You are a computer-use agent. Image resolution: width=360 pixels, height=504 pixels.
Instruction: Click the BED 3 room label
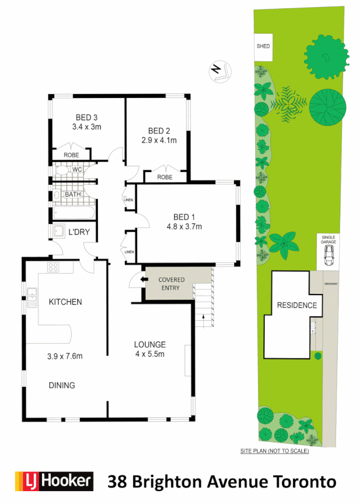87,118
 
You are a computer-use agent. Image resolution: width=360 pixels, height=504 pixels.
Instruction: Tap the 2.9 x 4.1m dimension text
159,141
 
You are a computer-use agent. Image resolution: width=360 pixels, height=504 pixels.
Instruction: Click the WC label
77,169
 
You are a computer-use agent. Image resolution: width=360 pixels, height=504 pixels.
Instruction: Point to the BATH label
73,194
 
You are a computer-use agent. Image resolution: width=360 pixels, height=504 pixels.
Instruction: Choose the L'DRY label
79,232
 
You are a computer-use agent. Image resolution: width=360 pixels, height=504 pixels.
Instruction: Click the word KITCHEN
66,302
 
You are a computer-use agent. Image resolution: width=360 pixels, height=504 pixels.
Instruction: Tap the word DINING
62,385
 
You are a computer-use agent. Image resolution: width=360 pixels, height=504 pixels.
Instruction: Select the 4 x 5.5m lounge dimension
149,354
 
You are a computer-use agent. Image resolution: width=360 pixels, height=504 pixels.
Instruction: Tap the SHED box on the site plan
263,48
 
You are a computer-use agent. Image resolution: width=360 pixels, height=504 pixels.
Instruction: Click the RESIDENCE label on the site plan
297,306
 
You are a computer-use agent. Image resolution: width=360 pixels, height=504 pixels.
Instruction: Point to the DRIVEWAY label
331,284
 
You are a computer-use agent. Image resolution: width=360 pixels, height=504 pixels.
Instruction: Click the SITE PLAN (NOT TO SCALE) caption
274,451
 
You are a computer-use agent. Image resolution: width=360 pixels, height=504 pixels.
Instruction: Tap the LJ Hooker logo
53,481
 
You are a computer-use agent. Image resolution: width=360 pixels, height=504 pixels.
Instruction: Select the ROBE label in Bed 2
165,177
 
